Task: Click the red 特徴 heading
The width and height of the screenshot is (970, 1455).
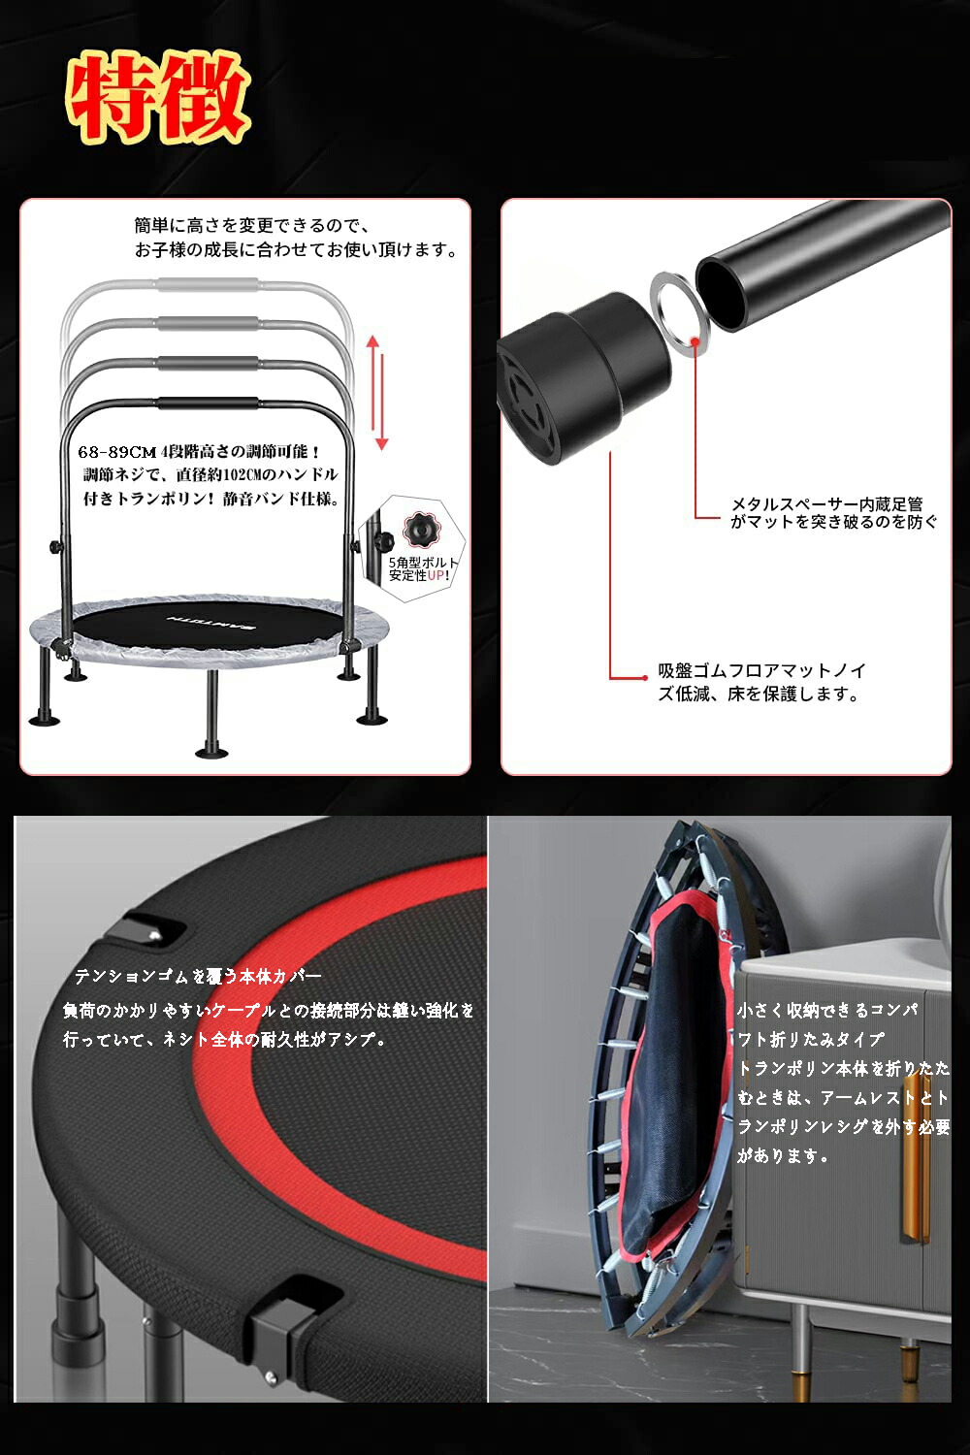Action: point(158,97)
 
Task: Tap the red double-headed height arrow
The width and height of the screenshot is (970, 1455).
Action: point(377,393)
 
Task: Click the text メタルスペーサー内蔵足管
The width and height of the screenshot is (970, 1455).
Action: point(826,504)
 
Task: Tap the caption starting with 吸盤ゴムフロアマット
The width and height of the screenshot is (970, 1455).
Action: point(761,682)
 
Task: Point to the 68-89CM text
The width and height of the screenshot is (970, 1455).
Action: point(116,452)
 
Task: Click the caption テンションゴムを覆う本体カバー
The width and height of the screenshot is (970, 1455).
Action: point(198,976)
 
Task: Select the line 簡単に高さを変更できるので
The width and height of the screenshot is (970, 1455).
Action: point(252,225)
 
